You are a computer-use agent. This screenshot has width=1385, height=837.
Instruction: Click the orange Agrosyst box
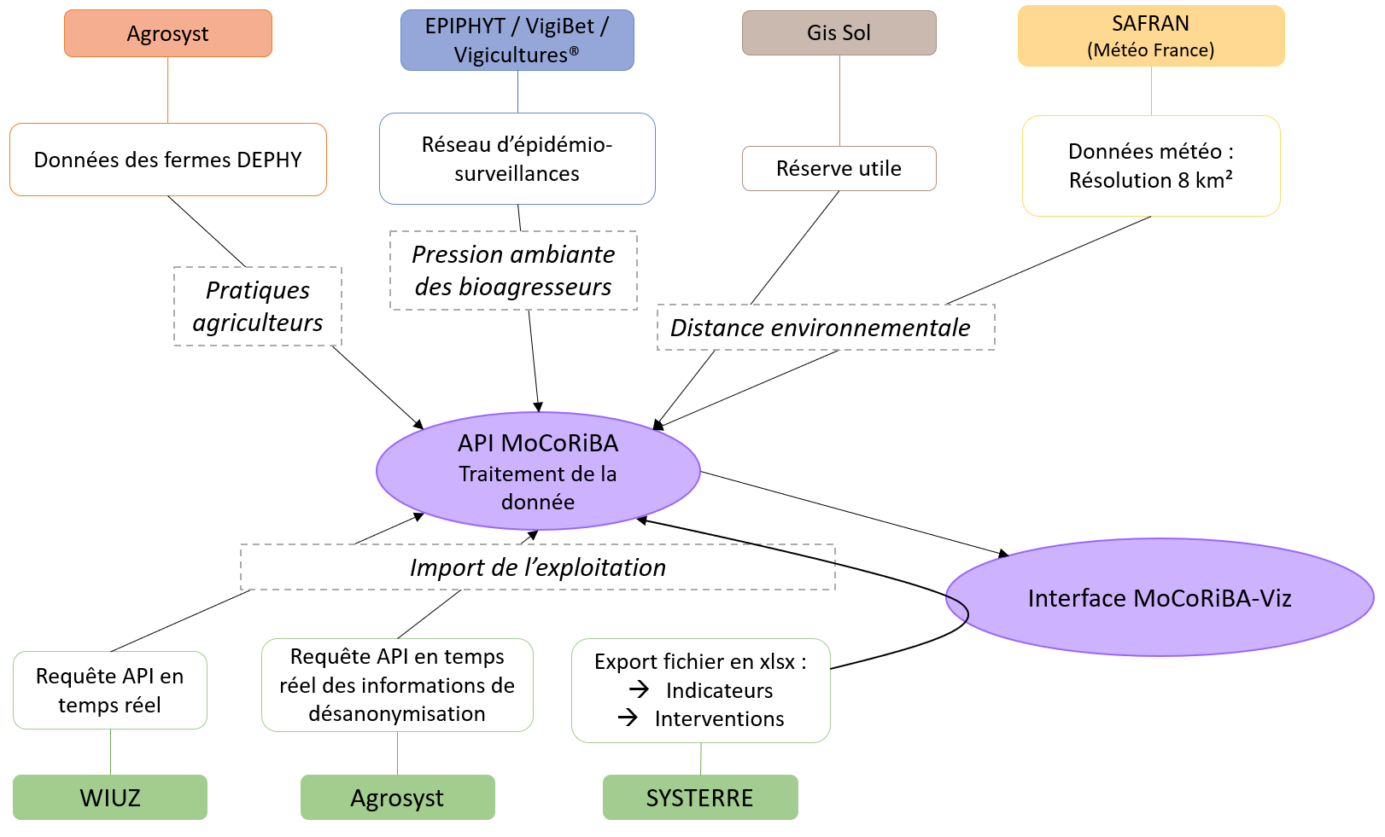[168, 34]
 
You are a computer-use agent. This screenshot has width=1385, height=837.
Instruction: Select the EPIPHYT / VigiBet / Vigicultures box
[517, 40]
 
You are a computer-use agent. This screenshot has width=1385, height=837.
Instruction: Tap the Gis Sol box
[839, 33]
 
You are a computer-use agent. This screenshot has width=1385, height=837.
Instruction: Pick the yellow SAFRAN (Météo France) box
[1151, 36]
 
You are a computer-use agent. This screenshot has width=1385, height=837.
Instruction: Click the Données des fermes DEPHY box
[168, 160]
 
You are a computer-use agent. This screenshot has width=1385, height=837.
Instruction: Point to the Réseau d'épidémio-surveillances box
[517, 159]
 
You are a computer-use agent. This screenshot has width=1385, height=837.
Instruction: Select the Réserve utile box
[839, 169]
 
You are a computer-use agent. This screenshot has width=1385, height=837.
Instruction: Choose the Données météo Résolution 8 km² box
[1151, 166]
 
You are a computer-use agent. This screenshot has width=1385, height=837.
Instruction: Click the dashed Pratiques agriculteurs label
[258, 306]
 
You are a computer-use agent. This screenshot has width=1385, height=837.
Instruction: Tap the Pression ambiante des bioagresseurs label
[513, 270]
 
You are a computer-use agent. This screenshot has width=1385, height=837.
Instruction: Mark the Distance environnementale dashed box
[826, 328]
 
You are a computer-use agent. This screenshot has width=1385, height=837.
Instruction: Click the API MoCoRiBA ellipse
[538, 471]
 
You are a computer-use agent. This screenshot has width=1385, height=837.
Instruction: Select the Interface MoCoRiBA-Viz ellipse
[1160, 597]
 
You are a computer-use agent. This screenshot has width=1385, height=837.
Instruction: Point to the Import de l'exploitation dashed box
[538, 567]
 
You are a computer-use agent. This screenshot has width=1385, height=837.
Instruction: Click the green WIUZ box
[110, 798]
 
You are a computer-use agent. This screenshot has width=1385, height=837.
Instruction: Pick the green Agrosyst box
[397, 798]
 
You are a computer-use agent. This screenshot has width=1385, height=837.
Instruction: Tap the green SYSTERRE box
[700, 798]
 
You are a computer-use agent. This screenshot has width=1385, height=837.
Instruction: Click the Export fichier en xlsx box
[701, 690]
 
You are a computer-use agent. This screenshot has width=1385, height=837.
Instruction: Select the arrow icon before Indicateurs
[639, 689]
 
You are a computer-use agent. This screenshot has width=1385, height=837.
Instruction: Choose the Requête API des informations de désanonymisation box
[397, 685]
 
